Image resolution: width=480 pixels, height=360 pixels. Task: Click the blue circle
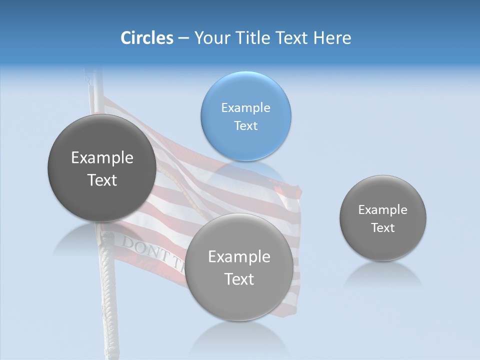[x=245, y=116]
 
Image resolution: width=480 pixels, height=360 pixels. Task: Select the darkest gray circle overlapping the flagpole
[x=102, y=168]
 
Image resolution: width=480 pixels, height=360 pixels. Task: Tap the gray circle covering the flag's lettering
[x=239, y=267]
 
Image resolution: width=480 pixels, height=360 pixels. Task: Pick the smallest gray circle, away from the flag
[x=382, y=218]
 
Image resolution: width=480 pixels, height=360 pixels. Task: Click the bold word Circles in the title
[x=146, y=38]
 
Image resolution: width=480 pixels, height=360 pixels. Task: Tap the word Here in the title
[x=332, y=38]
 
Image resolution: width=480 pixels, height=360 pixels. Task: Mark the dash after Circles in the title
[x=183, y=38]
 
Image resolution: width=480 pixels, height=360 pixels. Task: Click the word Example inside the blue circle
[x=245, y=107]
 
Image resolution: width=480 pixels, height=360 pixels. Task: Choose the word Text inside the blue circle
[x=245, y=125]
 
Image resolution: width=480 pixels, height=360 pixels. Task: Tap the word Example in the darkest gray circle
[x=102, y=158]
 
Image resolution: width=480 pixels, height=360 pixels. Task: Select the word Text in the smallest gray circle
[x=382, y=228]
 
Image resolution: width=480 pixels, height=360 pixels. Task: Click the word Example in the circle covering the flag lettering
[x=239, y=257]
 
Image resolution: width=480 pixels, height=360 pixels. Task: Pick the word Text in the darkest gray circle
[x=102, y=180]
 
